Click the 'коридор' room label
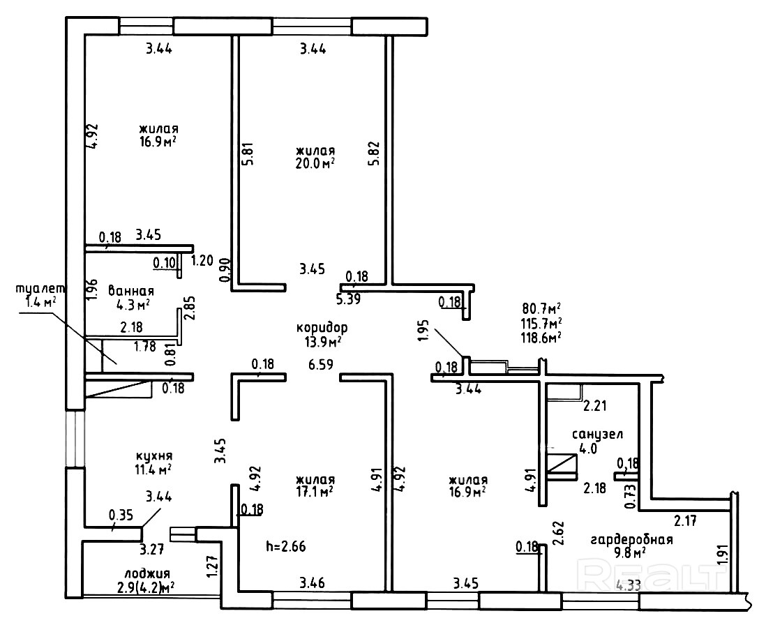322,327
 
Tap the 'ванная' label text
131,291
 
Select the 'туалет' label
41,288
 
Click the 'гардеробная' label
631,539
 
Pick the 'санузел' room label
597,434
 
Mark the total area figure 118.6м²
541,336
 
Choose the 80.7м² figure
541,308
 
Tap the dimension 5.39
349,300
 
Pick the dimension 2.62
558,533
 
